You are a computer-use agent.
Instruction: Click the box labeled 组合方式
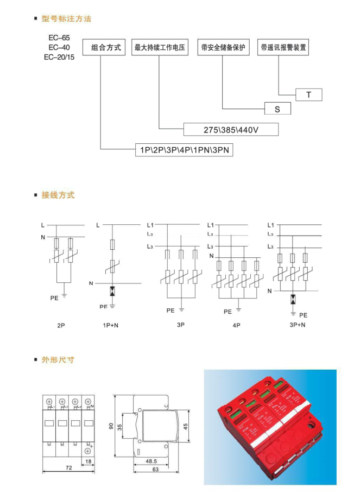coord(104,47)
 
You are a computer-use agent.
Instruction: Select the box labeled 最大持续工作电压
coord(160,47)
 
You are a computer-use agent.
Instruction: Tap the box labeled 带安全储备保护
coord(223,47)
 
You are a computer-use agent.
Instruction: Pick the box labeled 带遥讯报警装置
coord(283,47)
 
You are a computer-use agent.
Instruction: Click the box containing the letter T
coord(309,95)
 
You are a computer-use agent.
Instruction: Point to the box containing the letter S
coord(277,109)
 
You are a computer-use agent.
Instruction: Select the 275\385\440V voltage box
coord(231,130)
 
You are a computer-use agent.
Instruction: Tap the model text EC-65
coord(59,38)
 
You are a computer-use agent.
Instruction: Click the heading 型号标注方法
coord(66,19)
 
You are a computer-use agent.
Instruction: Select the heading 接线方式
coord(58,195)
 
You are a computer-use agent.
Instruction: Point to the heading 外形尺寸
coord(58,360)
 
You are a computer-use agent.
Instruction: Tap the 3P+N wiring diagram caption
coord(297,325)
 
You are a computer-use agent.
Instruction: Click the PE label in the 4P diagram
coord(228,312)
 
